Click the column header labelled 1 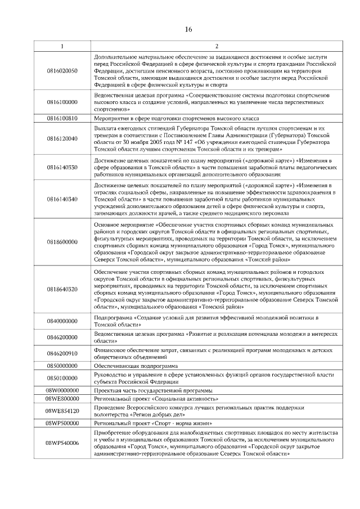[x=62, y=46]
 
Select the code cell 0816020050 [x=62, y=71]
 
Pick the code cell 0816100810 [x=62, y=119]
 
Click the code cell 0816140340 [x=62, y=199]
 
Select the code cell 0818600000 [x=62, y=242]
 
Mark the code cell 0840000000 [x=62, y=321]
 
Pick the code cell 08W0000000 [x=62, y=390]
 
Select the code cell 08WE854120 [x=62, y=411]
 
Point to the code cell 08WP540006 [x=62, y=443]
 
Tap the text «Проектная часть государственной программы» [x=154, y=390]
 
